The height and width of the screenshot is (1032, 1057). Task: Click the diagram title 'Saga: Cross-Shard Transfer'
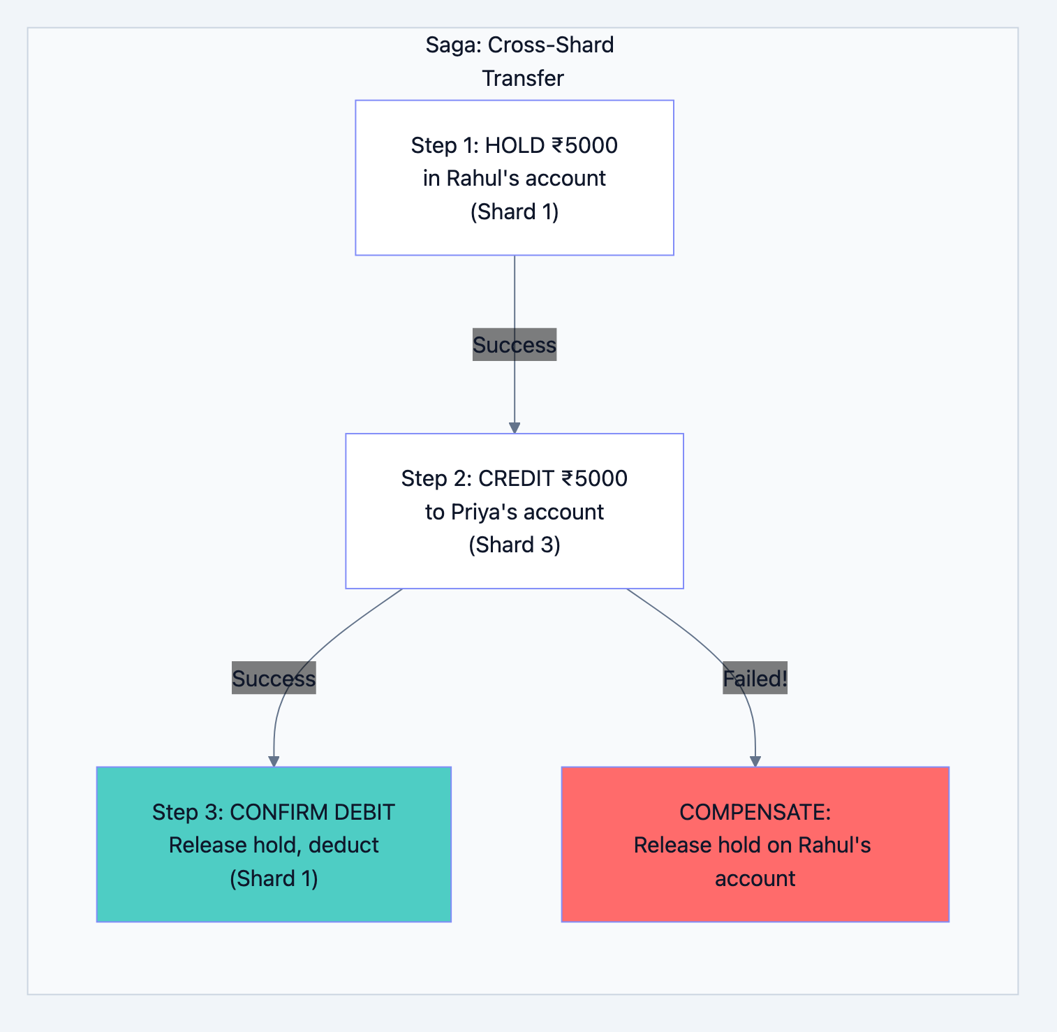point(520,61)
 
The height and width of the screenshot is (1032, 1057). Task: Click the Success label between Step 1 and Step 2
point(515,345)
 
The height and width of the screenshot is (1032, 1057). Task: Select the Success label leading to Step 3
point(274,679)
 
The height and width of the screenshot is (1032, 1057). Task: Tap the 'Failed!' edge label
point(755,679)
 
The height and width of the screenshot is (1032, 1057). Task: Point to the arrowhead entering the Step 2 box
point(515,427)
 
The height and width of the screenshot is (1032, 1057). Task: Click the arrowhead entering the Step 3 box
point(274,761)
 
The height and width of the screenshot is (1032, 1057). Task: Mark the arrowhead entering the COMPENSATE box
point(755,761)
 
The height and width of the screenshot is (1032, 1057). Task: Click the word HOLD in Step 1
point(515,145)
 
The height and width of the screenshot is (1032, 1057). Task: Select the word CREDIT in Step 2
point(516,478)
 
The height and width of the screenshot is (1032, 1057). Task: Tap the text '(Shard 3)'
point(515,545)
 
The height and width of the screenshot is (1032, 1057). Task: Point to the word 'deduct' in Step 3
point(343,845)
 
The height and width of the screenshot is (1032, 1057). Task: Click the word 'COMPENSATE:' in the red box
point(755,812)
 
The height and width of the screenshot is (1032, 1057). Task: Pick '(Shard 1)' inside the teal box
point(274,878)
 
